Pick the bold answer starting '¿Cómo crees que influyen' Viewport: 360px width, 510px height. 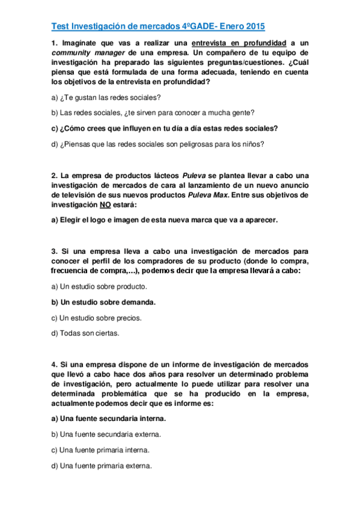(165, 128)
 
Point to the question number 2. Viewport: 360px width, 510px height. (54, 176)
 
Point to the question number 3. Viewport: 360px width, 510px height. (54, 251)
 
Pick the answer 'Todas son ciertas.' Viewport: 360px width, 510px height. (85, 333)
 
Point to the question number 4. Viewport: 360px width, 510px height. (54, 364)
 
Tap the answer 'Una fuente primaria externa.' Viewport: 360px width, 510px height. (102, 465)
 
